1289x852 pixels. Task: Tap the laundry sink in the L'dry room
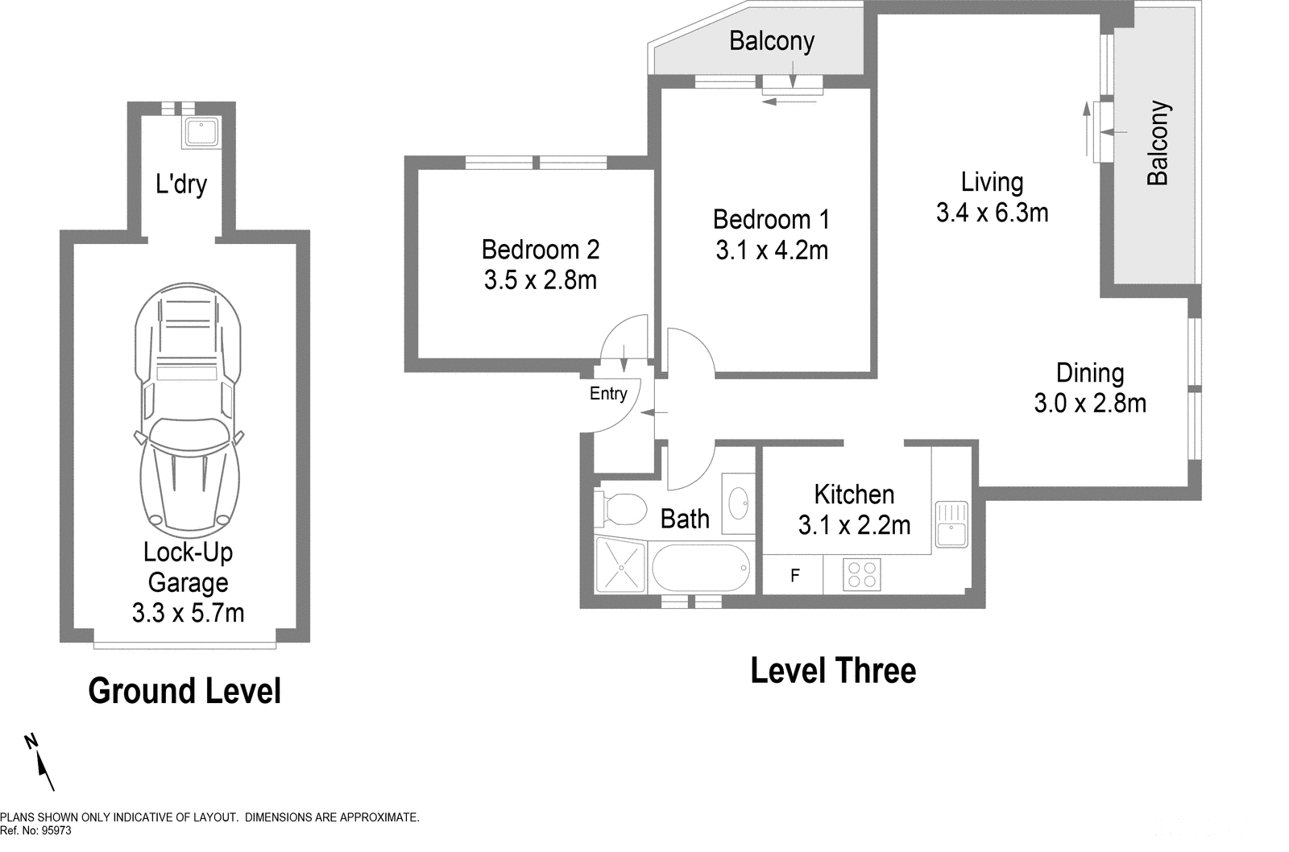pyautogui.click(x=201, y=132)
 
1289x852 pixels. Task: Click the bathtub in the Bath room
pyautogui.click(x=700, y=568)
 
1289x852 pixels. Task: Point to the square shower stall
pyautogui.click(x=620, y=565)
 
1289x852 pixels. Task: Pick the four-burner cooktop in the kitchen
pyautogui.click(x=861, y=574)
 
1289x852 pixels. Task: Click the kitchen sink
pyautogui.click(x=951, y=524)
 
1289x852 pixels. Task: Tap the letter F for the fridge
pyautogui.click(x=795, y=576)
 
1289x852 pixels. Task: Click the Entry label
pyautogui.click(x=608, y=394)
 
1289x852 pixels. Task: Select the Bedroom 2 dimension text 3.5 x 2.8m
pyautogui.click(x=540, y=280)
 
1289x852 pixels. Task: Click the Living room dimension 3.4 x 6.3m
pyautogui.click(x=992, y=213)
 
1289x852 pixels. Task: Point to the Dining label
pyautogui.click(x=1090, y=373)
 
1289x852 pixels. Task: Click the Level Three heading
pyautogui.click(x=833, y=671)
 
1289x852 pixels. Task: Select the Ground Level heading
pyautogui.click(x=184, y=691)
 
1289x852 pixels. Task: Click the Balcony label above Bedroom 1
pyautogui.click(x=771, y=40)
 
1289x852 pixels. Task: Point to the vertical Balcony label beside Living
pyautogui.click(x=1157, y=143)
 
